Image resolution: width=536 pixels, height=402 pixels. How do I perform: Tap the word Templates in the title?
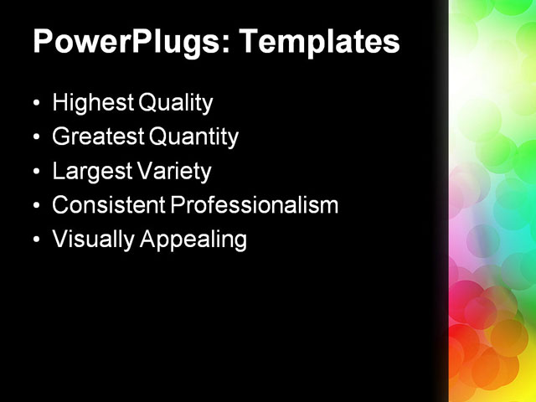(322, 42)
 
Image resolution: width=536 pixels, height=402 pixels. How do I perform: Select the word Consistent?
(107, 205)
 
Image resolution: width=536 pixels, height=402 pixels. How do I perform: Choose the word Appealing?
(193, 240)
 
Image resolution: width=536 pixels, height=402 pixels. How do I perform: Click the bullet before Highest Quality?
(36, 105)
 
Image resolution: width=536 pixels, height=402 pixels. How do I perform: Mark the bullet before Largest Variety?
(36, 173)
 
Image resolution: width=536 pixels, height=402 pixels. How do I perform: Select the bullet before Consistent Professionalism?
(36, 206)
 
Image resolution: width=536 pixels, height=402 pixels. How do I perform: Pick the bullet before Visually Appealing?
(36, 240)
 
